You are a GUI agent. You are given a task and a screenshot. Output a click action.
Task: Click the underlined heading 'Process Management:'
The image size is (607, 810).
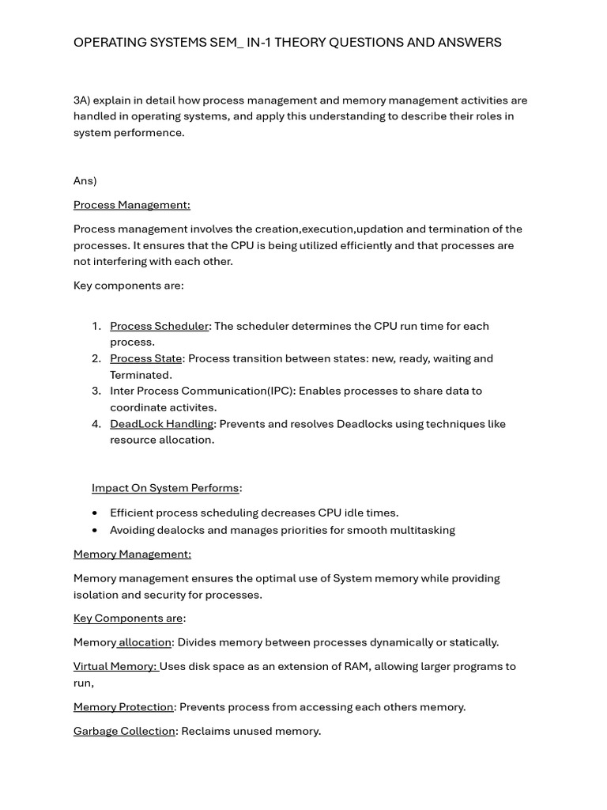pyautogui.click(x=131, y=205)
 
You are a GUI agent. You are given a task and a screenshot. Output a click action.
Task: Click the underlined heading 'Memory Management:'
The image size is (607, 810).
pyautogui.click(x=132, y=554)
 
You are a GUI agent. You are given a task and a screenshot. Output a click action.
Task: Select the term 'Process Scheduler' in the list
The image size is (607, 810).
pyautogui.click(x=159, y=326)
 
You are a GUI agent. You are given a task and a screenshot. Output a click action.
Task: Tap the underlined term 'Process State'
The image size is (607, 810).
pyautogui.click(x=145, y=358)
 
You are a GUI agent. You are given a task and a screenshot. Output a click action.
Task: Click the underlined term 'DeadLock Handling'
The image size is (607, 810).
pyautogui.click(x=161, y=424)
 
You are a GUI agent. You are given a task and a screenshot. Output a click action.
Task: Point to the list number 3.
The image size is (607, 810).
pyautogui.click(x=96, y=391)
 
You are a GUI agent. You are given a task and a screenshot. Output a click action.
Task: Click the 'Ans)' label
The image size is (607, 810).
pyautogui.click(x=85, y=180)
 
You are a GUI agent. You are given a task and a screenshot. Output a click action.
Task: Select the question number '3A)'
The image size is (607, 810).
pyautogui.click(x=82, y=100)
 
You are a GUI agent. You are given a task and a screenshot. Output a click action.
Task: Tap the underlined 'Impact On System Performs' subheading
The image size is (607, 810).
pyautogui.click(x=165, y=488)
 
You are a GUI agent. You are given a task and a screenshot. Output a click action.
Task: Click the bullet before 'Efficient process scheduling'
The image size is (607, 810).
pyautogui.click(x=95, y=513)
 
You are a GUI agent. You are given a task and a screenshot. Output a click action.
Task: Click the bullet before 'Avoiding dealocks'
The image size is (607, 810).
pyautogui.click(x=95, y=531)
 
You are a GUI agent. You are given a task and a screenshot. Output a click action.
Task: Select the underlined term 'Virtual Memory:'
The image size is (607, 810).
pyautogui.click(x=115, y=666)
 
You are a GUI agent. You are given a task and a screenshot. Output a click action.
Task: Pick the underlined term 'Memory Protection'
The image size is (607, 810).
pyautogui.click(x=123, y=707)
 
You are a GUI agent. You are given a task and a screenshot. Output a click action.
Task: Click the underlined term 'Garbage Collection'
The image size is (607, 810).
pyautogui.click(x=124, y=731)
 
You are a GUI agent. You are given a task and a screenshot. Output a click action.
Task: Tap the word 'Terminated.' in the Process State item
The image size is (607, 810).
pyautogui.click(x=141, y=375)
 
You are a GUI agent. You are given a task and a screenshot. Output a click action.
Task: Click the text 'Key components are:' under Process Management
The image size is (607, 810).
pyautogui.click(x=128, y=286)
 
